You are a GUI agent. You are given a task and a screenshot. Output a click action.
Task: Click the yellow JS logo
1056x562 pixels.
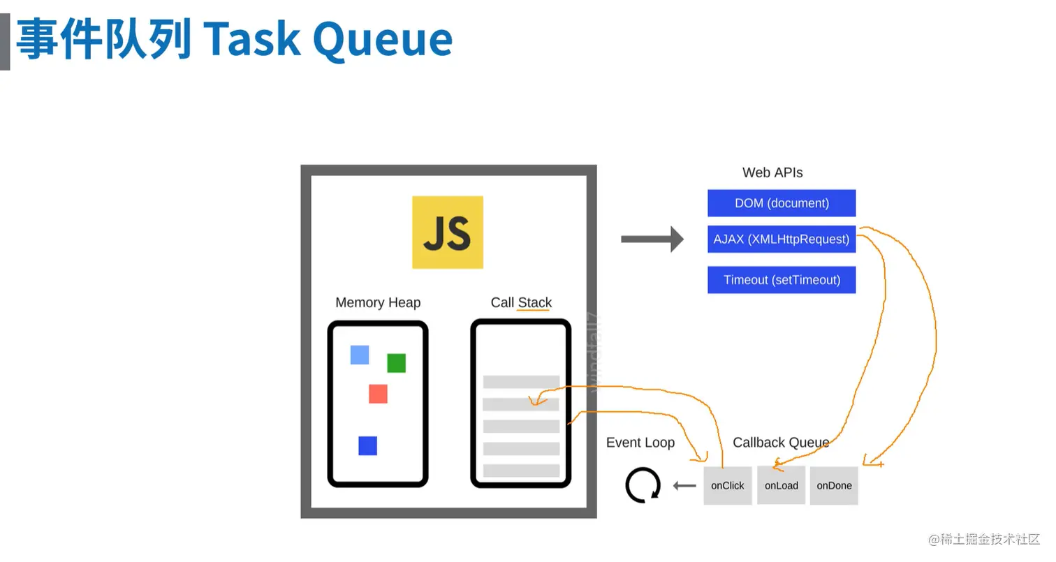pyautogui.click(x=448, y=232)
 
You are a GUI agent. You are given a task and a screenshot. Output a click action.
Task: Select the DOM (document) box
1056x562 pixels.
pyautogui.click(x=782, y=203)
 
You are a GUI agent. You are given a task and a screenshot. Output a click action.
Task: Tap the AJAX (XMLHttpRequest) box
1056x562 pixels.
pyautogui.click(x=782, y=239)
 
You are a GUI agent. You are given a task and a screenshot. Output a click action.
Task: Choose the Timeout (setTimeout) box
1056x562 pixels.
pyautogui.click(x=782, y=280)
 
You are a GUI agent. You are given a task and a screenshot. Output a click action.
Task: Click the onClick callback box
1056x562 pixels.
pyautogui.click(x=728, y=485)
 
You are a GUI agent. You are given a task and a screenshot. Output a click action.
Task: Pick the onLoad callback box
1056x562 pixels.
pyautogui.click(x=782, y=485)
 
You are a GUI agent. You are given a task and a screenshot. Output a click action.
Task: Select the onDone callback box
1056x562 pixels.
pyautogui.click(x=834, y=485)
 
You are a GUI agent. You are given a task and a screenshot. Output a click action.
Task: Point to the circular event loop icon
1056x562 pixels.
pyautogui.click(x=643, y=485)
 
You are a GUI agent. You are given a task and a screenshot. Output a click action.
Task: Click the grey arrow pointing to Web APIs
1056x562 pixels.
pyautogui.click(x=652, y=239)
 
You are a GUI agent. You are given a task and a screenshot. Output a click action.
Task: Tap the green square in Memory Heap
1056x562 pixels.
pyautogui.click(x=397, y=363)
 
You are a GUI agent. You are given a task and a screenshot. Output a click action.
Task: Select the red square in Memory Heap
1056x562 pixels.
pyautogui.click(x=378, y=394)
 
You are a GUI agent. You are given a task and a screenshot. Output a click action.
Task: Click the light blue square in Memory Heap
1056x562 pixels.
pyautogui.click(x=360, y=355)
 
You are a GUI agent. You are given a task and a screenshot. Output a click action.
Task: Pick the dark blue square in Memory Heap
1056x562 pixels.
pyautogui.click(x=368, y=445)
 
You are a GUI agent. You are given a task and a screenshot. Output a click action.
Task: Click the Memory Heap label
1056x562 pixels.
pyautogui.click(x=378, y=302)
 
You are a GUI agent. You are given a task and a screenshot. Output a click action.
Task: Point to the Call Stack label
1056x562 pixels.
pyautogui.click(x=521, y=302)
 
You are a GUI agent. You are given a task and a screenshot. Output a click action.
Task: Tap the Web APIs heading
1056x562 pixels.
pyautogui.click(x=772, y=172)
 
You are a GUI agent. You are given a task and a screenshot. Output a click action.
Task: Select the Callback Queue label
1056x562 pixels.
pyautogui.click(x=781, y=443)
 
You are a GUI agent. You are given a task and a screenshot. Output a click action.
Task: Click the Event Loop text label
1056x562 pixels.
pyautogui.click(x=640, y=443)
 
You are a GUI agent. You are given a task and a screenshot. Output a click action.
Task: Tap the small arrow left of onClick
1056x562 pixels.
pyautogui.click(x=684, y=485)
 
